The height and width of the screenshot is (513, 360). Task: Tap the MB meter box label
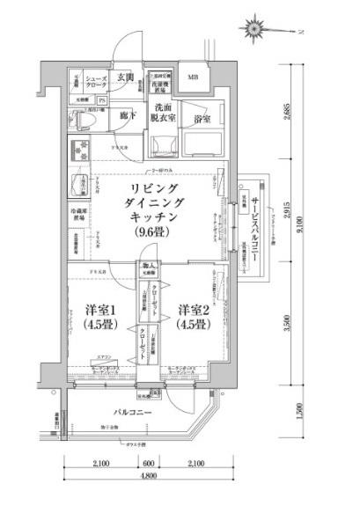click(192, 78)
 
